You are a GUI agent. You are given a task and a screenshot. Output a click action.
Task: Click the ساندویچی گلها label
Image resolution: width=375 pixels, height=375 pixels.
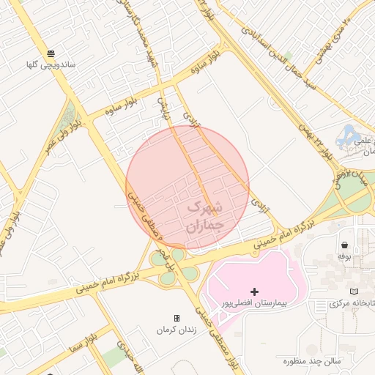click(51, 65)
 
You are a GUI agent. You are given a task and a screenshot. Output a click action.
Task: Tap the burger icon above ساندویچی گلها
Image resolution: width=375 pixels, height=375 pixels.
click(51, 53)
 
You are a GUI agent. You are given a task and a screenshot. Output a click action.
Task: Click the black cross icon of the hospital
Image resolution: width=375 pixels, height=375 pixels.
click(254, 292)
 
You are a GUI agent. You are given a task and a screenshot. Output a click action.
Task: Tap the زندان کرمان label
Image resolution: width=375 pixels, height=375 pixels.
click(177, 330)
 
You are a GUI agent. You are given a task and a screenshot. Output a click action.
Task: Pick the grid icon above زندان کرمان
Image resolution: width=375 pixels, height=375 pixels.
click(177, 318)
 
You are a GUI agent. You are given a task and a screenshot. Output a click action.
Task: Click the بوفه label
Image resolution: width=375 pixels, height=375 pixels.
click(344, 256)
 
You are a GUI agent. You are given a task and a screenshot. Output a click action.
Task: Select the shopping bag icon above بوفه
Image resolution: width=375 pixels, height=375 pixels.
click(344, 245)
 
